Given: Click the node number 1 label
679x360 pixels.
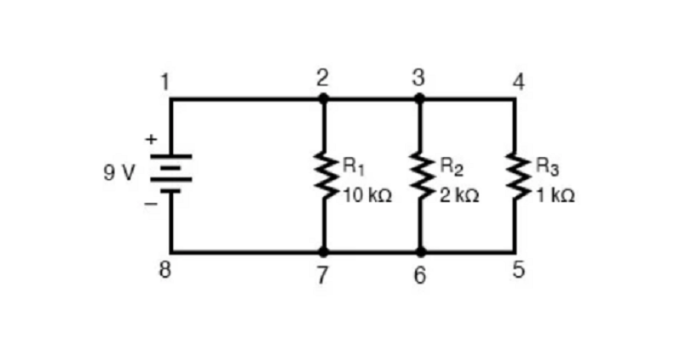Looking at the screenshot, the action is click(165, 82).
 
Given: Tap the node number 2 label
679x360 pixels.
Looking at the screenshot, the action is click(323, 78).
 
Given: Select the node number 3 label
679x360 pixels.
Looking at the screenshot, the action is click(418, 78).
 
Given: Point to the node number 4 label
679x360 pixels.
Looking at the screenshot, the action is click(519, 82).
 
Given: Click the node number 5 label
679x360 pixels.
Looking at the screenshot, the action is click(519, 269).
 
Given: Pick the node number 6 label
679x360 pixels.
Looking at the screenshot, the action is click(419, 275).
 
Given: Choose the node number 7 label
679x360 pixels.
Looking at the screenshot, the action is click(322, 275).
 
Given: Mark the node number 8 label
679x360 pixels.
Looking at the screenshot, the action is click(165, 269).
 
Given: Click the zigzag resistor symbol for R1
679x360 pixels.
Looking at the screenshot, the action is click(323, 176).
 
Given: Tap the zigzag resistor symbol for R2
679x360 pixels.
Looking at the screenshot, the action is click(419, 176).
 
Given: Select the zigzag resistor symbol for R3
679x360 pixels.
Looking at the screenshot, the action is click(515, 176).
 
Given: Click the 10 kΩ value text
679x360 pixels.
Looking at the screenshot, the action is click(368, 196).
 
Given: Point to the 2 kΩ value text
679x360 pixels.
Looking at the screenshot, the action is click(460, 196).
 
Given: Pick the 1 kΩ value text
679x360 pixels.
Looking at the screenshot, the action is click(556, 196).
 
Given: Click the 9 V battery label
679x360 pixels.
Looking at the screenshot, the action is click(119, 173).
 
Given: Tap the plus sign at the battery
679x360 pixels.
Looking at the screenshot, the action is click(151, 139).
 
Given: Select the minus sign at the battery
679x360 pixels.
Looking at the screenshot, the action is click(151, 203).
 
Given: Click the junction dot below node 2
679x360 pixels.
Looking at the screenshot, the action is click(323, 98).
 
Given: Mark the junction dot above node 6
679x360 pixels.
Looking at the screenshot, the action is click(420, 250).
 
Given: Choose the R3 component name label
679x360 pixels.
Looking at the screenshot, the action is click(547, 166).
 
